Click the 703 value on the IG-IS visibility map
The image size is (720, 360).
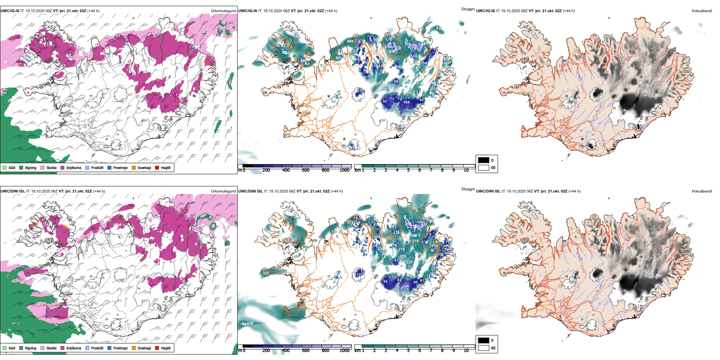coord(286,53)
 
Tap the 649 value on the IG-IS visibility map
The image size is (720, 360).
coord(350,41)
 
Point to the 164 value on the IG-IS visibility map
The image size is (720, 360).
coord(406,102)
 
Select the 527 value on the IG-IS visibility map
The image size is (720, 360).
coord(447,64)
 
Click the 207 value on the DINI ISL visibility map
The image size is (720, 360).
coord(266,273)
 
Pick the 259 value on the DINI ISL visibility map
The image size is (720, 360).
coord(409,262)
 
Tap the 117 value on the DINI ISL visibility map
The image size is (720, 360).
coord(358,275)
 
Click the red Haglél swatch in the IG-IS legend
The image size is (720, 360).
coord(157,167)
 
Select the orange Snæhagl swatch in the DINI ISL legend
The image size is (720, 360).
coord(134,348)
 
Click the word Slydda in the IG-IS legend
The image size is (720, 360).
coord(51,167)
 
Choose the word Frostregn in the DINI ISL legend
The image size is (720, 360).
coord(121,348)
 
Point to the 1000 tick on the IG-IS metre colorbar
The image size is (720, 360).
coord(344,170)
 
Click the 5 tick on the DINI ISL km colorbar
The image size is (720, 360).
coord(408,351)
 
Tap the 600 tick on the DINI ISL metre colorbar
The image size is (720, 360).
coord(305,351)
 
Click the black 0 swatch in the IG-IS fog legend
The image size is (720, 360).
coord(484,160)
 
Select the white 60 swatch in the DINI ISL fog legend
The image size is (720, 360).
coord(484,348)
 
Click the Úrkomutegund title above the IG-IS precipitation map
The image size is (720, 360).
coord(223,11)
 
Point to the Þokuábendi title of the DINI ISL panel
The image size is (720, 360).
coord(702,191)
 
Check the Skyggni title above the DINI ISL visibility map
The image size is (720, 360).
coord(468,189)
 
